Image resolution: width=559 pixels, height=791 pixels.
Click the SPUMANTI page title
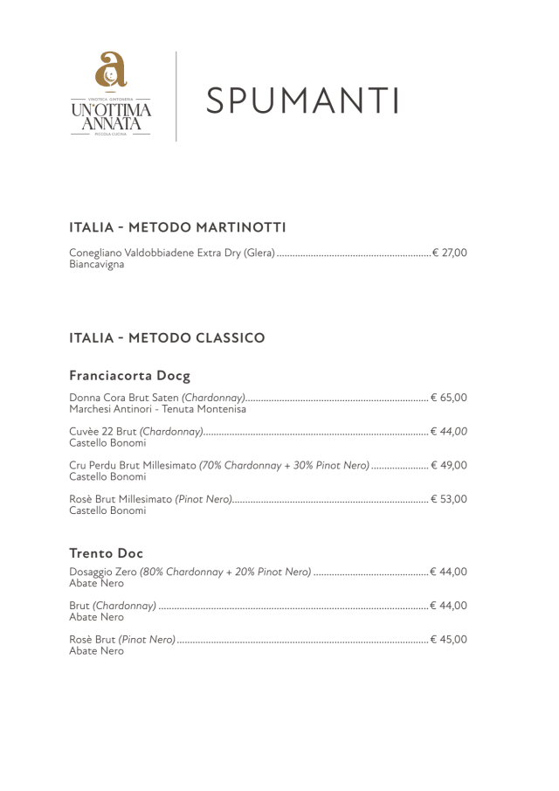(303, 101)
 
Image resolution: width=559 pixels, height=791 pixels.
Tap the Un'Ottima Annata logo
(111, 95)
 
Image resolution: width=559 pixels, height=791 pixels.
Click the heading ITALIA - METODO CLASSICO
(166, 337)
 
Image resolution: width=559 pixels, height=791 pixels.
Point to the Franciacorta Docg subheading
(129, 376)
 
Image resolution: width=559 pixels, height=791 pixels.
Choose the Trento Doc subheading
(106, 553)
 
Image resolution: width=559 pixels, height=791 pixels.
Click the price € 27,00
(450, 253)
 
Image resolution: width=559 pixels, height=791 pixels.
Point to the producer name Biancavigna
(96, 265)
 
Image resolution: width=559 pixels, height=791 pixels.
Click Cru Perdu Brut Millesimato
(133, 465)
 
